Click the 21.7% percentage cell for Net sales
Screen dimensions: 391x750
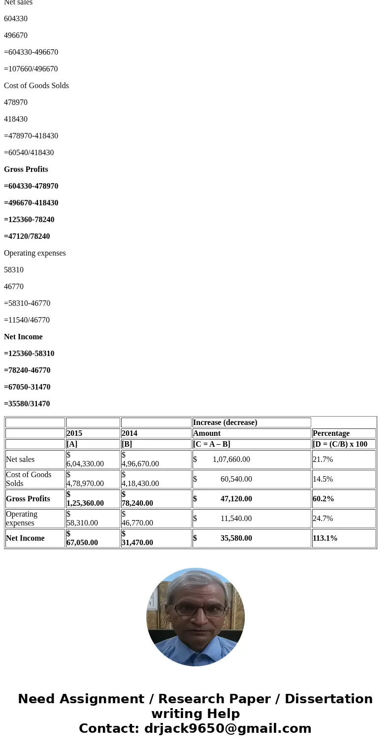click(x=323, y=459)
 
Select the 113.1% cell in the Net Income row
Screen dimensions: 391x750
click(x=325, y=538)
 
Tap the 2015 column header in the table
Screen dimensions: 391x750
click(x=74, y=433)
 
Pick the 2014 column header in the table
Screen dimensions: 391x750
click(x=130, y=433)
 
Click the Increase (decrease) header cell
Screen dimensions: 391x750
click(x=225, y=423)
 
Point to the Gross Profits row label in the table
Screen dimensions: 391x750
click(x=28, y=499)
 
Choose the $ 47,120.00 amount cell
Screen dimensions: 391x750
click(x=236, y=499)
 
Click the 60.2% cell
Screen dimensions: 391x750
click(x=324, y=499)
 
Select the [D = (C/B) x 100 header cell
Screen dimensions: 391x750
click(x=340, y=444)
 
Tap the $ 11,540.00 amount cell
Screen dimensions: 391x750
click(x=236, y=519)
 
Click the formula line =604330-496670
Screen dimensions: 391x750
click(x=31, y=52)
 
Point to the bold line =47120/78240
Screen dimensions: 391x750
click(x=27, y=236)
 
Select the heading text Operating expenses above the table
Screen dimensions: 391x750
click(x=35, y=253)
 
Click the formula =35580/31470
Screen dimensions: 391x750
click(x=27, y=404)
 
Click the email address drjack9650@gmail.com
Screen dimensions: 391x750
click(x=228, y=729)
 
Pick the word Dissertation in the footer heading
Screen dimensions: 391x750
click(x=328, y=699)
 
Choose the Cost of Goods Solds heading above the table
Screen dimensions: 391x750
click(x=36, y=86)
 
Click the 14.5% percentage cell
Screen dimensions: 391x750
click(x=323, y=479)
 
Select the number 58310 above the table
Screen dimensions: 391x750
click(x=14, y=270)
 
